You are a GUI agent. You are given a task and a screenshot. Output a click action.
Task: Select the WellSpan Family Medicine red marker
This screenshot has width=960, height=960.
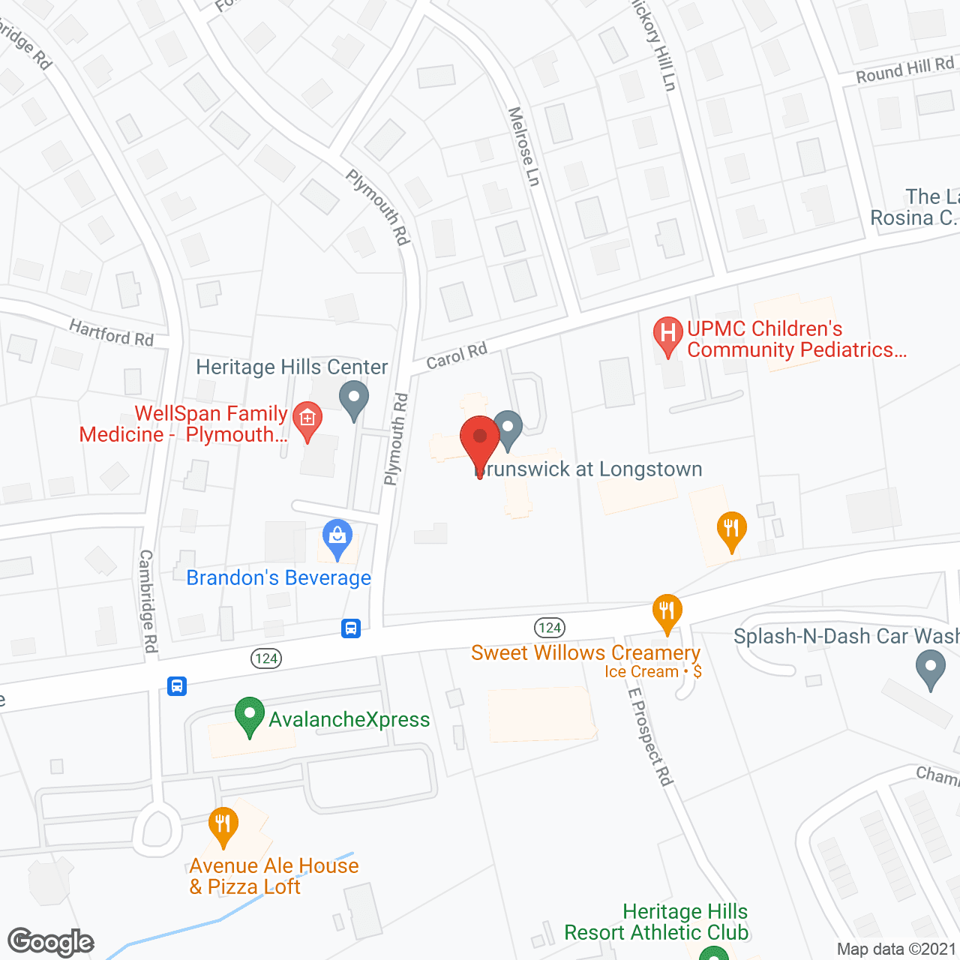coord(307,418)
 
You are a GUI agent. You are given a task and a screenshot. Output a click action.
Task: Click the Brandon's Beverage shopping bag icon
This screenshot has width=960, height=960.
coord(337,537)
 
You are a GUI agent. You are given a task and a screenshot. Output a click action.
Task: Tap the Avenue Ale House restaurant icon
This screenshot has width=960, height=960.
coord(223,824)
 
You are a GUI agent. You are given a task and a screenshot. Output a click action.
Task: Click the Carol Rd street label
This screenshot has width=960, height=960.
coord(457,355)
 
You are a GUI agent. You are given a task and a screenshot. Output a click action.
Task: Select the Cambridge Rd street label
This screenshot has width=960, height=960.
coord(148,601)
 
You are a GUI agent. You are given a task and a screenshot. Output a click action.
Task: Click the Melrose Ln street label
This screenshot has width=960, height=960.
coord(523,146)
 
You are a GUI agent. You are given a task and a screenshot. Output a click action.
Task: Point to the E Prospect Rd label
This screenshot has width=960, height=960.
coord(649,736)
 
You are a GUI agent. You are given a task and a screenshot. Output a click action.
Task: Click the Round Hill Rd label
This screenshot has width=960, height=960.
coord(904,70)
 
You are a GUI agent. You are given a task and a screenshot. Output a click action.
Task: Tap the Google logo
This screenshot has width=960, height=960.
coord(51,942)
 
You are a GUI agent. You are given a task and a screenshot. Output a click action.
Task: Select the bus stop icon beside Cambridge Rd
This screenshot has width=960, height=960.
coord(177,685)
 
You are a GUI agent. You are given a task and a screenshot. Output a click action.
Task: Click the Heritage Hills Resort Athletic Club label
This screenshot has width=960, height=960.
coord(657,922)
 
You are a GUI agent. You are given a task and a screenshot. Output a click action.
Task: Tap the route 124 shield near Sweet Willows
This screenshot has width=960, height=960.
coord(550,628)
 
